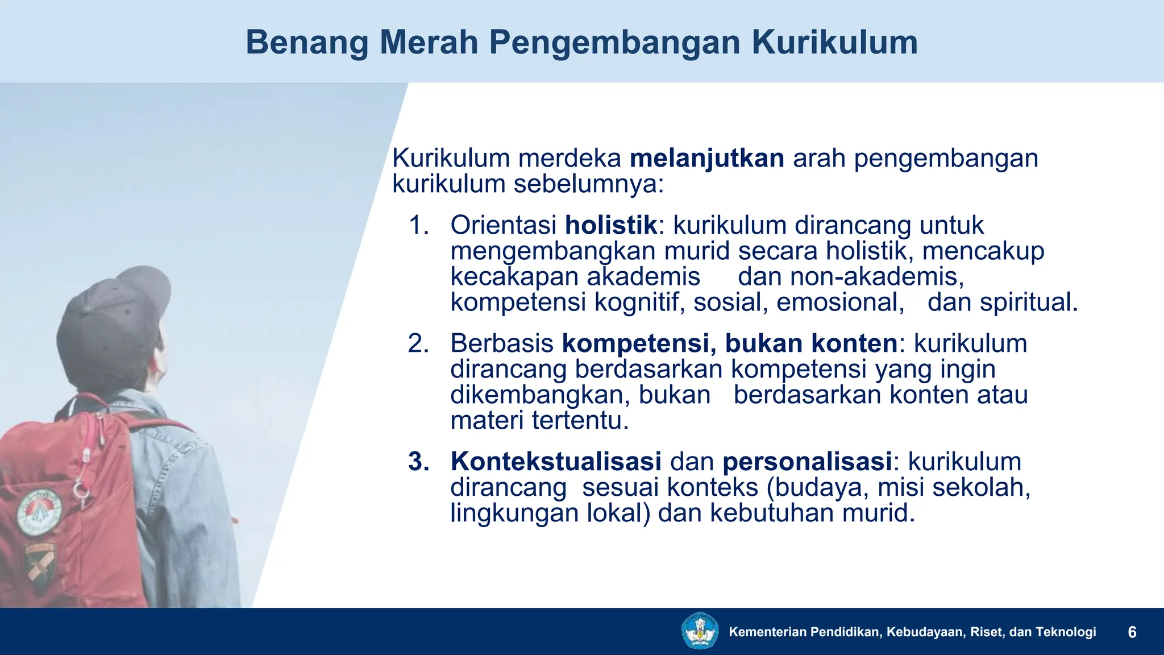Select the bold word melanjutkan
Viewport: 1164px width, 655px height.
pyautogui.click(x=706, y=158)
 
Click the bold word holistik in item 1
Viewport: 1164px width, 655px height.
pyautogui.click(x=610, y=225)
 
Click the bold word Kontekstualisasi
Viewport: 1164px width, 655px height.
pyautogui.click(x=556, y=462)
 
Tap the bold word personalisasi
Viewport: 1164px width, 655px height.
pyautogui.click(x=807, y=462)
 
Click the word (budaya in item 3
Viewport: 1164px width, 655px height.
pyautogui.click(x=817, y=488)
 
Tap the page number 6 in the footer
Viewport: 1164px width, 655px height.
pyautogui.click(x=1132, y=632)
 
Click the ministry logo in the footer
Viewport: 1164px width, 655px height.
pyautogui.click(x=700, y=631)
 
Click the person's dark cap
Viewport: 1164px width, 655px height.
pyautogui.click(x=114, y=318)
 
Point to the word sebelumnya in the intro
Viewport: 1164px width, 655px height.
pyautogui.click(x=588, y=184)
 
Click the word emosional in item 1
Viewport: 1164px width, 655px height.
pyautogui.click(x=839, y=302)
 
